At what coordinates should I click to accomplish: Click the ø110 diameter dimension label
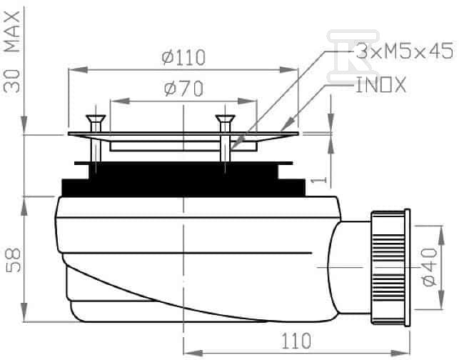click(183, 58)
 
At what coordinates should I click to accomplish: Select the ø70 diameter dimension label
click(183, 89)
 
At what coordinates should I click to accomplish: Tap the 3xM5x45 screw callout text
click(405, 51)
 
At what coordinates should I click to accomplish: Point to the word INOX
click(381, 85)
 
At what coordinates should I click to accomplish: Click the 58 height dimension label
click(13, 260)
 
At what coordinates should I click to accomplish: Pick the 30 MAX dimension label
click(12, 52)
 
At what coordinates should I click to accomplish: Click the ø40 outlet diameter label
click(430, 266)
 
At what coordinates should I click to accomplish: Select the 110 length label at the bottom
click(296, 341)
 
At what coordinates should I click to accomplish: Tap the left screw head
click(96, 119)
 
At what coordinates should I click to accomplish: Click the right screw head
click(225, 119)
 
